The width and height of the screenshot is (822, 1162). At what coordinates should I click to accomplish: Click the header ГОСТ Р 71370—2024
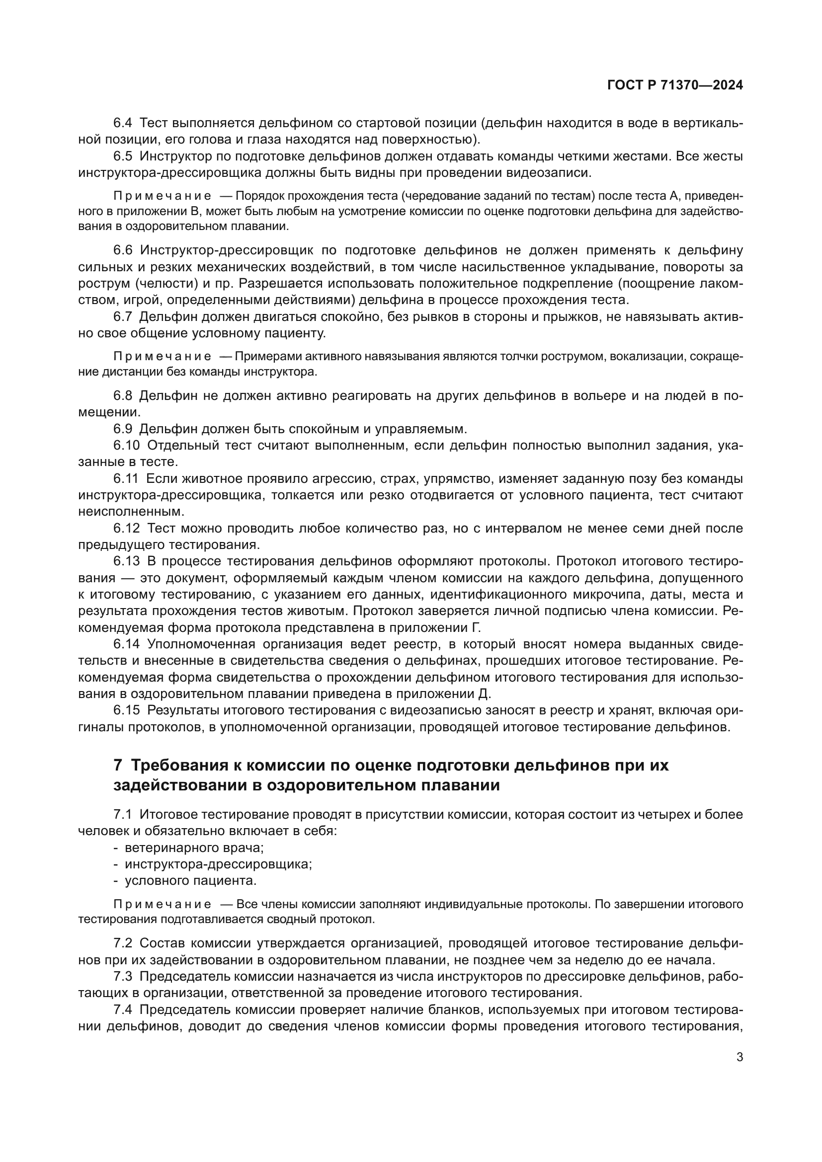point(675,85)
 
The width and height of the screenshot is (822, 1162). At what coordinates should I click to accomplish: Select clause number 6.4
point(122,123)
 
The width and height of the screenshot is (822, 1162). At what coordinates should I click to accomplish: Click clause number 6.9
point(122,429)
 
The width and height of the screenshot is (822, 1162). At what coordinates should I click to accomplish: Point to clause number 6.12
point(126,529)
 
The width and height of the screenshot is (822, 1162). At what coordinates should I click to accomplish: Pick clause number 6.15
point(126,710)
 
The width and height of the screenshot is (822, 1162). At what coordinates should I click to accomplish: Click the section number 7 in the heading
point(118,765)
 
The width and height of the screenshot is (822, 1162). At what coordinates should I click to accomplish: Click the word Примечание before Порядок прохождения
point(162,196)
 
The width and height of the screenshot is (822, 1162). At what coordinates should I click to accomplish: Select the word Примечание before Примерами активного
point(162,357)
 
